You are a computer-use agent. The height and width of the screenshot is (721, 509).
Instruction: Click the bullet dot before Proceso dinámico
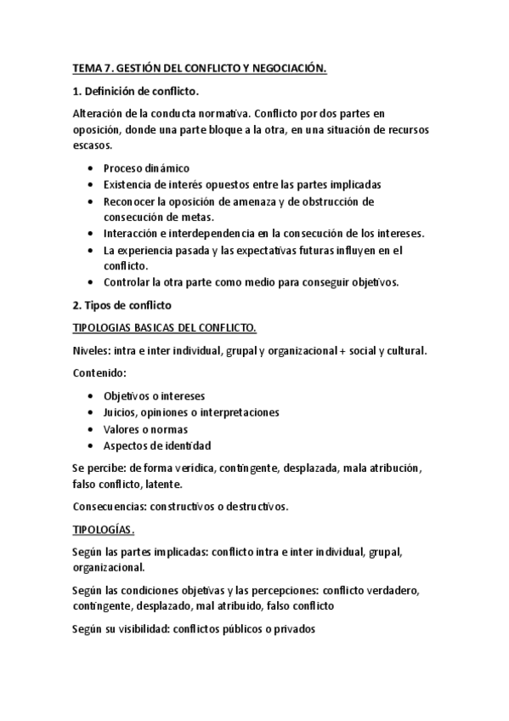91,168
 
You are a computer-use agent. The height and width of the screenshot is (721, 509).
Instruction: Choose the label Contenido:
100,372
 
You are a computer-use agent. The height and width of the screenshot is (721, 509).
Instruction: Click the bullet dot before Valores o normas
91,429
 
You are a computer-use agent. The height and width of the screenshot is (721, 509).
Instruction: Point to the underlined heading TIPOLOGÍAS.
104,529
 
